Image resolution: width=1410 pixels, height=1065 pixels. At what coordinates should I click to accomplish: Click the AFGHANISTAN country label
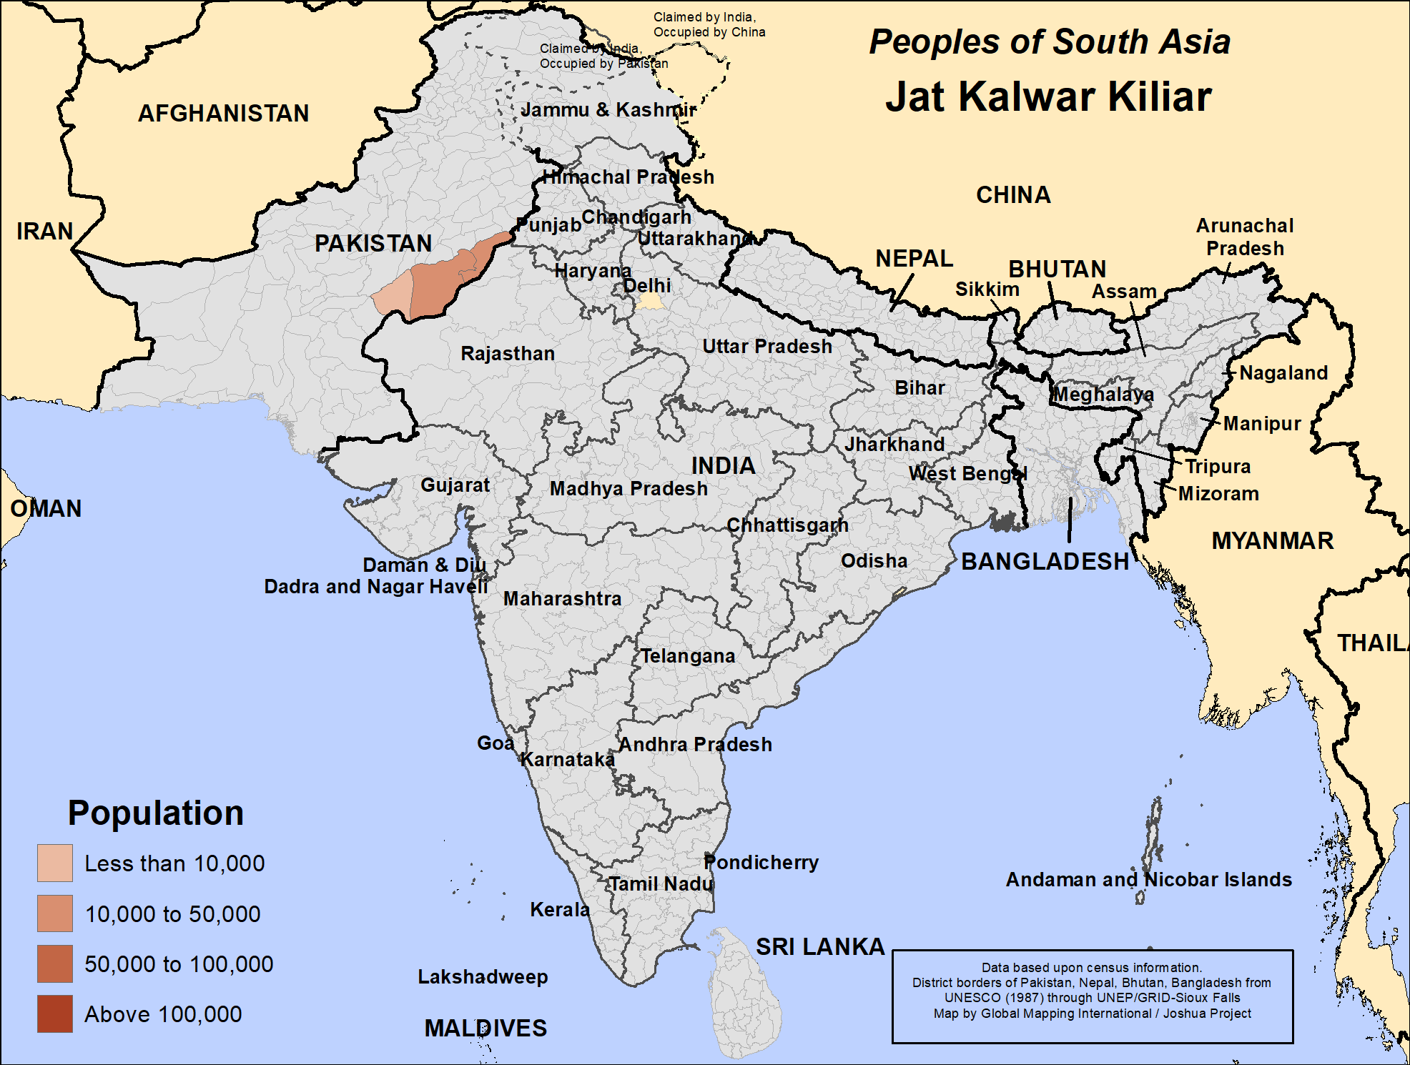[x=223, y=113]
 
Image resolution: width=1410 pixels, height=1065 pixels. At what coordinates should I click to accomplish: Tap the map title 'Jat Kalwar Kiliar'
[x=1048, y=96]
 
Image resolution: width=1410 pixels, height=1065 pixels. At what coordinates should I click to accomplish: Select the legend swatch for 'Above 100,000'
[x=55, y=1014]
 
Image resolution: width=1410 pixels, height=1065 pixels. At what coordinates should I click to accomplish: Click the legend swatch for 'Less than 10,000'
[x=55, y=863]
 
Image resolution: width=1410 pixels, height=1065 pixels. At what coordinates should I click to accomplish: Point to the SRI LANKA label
[x=820, y=946]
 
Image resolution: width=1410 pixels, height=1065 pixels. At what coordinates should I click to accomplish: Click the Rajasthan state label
[x=507, y=353]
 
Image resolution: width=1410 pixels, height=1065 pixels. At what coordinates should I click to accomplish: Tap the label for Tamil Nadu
[x=661, y=884]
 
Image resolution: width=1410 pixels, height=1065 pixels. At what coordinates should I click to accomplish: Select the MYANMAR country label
[x=1272, y=540]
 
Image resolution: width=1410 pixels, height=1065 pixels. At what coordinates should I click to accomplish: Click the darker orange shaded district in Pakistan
[x=443, y=279]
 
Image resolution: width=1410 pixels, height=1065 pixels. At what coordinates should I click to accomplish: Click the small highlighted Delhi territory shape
[x=651, y=302]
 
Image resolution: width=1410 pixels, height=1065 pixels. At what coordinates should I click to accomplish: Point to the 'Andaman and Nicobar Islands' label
[x=1148, y=879]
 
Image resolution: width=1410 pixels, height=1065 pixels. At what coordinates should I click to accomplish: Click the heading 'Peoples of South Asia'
[x=1049, y=41]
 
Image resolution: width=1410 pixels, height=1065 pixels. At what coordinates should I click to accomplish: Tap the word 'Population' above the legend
[x=155, y=813]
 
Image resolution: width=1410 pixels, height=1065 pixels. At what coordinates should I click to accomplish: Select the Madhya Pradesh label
[x=628, y=488]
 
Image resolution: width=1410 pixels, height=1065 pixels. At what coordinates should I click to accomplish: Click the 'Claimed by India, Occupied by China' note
[x=709, y=24]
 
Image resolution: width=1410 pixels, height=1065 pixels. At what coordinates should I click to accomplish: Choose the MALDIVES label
[x=485, y=1028]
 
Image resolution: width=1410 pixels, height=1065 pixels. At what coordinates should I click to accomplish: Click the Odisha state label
[x=874, y=560]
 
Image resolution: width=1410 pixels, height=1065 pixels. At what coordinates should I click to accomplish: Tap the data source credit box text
[x=1092, y=991]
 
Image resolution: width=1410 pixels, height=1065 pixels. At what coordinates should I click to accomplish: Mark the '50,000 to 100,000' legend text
[x=179, y=964]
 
